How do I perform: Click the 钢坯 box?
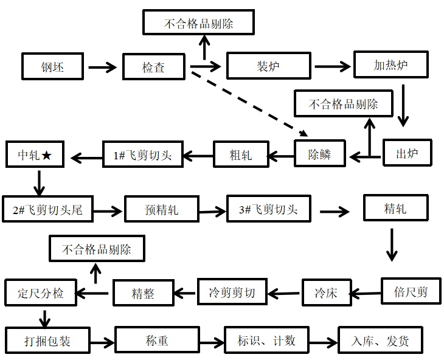(53, 66)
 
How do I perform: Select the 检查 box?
(153, 66)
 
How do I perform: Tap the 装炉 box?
(268, 66)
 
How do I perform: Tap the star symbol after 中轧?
(48, 155)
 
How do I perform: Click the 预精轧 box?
(162, 210)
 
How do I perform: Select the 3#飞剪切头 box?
(268, 209)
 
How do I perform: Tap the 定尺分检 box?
(41, 293)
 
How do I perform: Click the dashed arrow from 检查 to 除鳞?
(248, 102)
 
